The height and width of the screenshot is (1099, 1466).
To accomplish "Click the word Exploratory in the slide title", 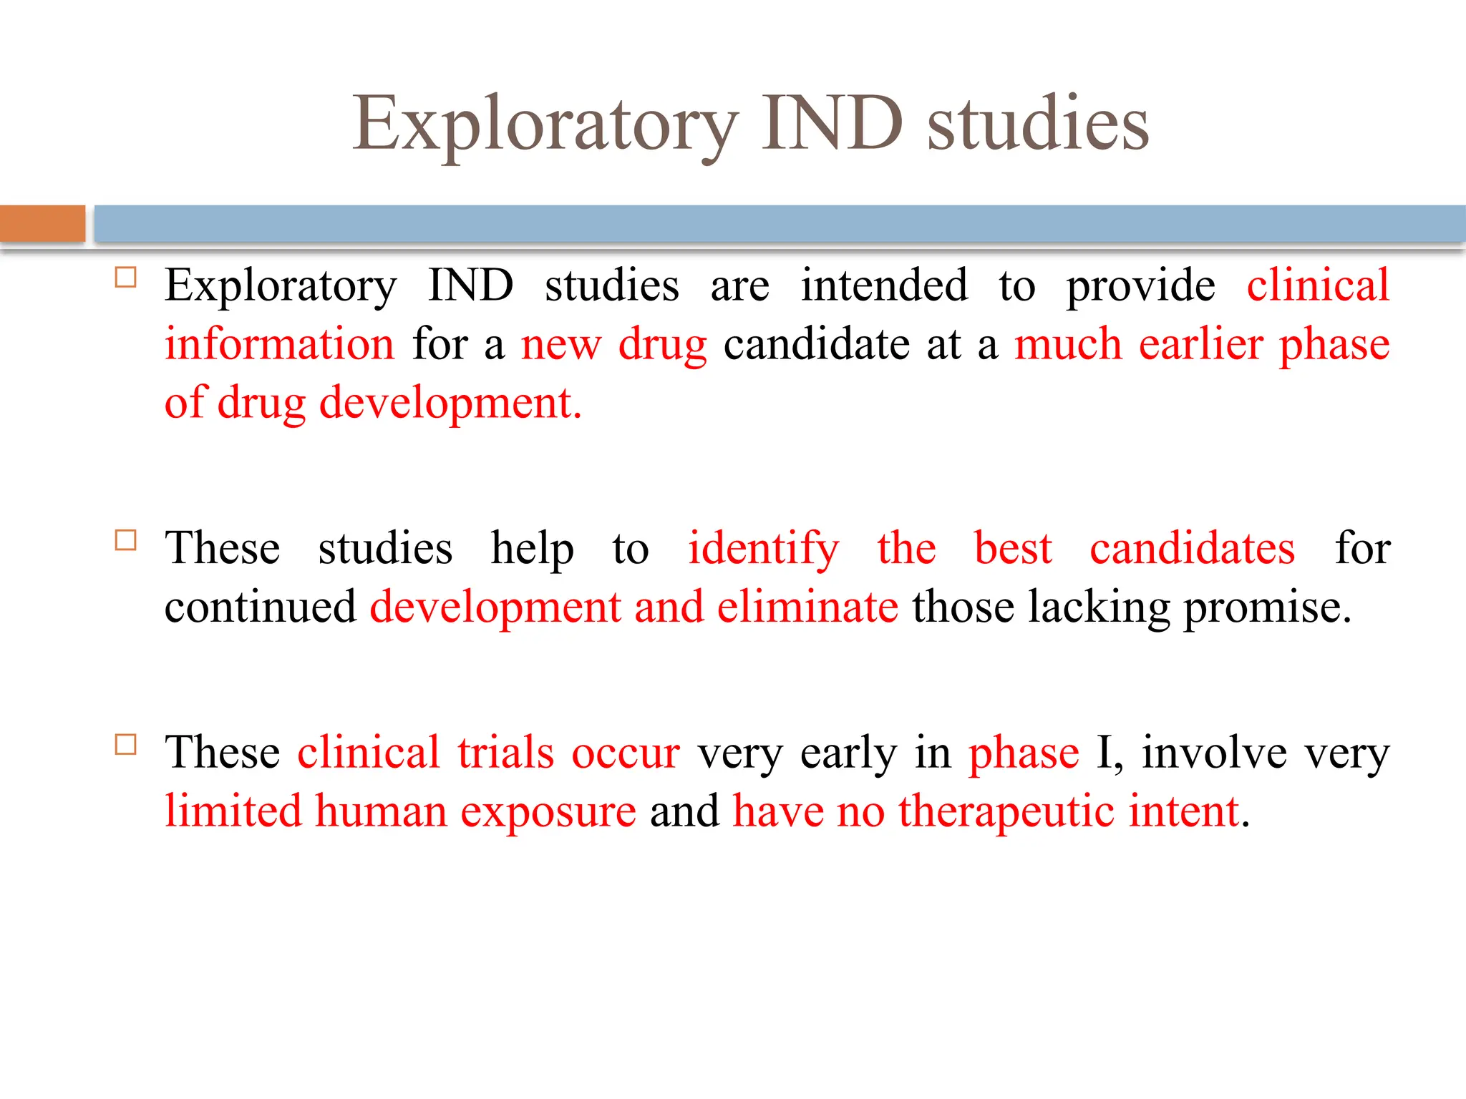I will [x=545, y=125].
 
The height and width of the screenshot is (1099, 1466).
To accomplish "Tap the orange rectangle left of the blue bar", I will [x=42, y=223].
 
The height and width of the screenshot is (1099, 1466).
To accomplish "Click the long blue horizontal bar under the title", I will [x=779, y=223].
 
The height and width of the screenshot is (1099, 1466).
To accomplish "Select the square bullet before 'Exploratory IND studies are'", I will [x=126, y=277].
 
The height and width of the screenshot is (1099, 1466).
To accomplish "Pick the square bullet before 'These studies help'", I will [x=126, y=539].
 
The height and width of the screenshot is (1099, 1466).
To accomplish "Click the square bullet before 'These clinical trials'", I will [x=126, y=744].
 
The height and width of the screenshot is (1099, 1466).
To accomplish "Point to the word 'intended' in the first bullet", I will [x=883, y=285].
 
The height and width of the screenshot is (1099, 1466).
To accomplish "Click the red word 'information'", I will [x=279, y=344].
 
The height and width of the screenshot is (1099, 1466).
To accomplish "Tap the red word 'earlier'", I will [x=1200, y=344].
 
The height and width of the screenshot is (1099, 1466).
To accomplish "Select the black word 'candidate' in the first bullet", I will [x=816, y=344].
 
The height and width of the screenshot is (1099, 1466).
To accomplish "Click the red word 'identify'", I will [x=763, y=549].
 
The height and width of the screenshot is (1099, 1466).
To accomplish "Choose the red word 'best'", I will [x=1013, y=549].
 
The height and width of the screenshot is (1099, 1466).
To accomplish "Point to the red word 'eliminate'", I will [x=807, y=607].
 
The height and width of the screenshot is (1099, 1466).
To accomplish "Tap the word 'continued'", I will [x=260, y=607].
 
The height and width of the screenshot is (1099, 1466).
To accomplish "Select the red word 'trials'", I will [x=505, y=753].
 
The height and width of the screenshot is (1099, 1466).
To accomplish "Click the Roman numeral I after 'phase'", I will [x=1105, y=753].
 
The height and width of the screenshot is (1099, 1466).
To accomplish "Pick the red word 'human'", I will [x=381, y=812].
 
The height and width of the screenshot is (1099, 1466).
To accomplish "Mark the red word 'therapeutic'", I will [x=1006, y=813].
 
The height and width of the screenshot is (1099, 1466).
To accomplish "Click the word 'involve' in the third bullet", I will [x=1214, y=753].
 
